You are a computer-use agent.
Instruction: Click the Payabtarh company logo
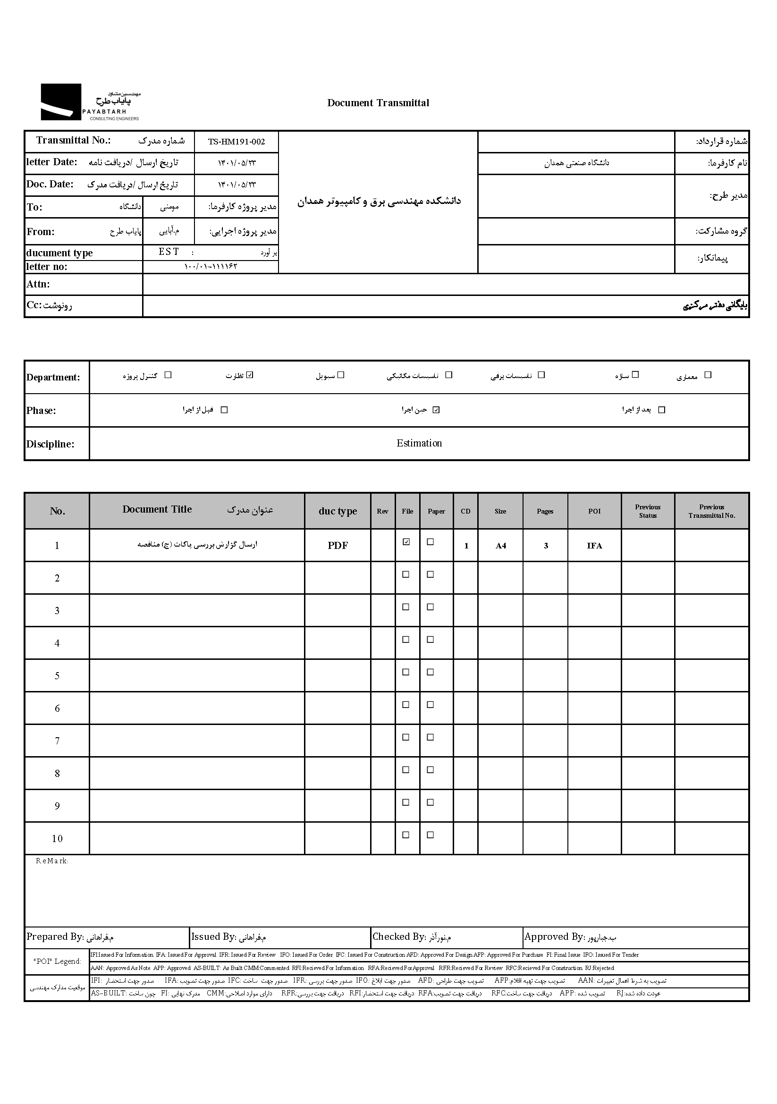coord(90,102)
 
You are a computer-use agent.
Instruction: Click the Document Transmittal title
coord(378,103)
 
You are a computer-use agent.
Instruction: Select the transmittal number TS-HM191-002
coord(236,142)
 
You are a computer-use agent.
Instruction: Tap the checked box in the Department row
coord(250,375)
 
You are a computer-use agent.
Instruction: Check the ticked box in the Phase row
coord(436,410)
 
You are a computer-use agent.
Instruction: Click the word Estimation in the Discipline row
coord(419,443)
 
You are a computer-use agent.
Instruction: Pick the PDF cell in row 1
coord(338,545)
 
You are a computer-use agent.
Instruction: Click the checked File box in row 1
coord(406,542)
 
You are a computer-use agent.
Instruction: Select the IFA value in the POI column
coord(594,546)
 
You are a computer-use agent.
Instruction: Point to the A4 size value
coord(500,546)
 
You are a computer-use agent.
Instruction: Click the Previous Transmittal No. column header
coord(711,511)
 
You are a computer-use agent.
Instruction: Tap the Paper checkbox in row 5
coord(431,672)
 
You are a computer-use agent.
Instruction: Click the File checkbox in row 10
coord(406,835)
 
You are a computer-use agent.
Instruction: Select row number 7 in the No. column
coord(57,741)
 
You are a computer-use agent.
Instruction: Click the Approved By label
coord(553,936)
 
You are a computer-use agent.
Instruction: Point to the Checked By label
coord(398,936)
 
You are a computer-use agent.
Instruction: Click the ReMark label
coord(52,861)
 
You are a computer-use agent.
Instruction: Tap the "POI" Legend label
coord(57,961)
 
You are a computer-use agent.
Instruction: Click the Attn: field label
coord(38,284)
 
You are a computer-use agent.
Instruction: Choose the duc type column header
coord(338,511)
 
